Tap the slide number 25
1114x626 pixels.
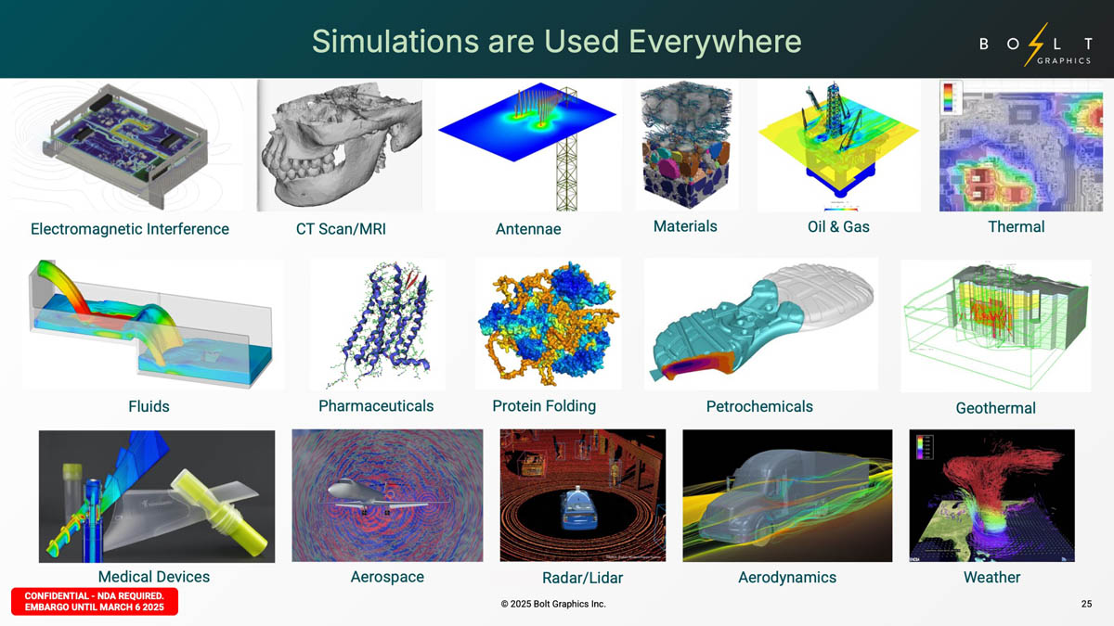coord(1086,604)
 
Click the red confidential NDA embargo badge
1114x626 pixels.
coord(95,601)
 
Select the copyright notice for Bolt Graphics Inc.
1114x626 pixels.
coord(553,604)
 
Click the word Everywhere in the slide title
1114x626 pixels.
coord(715,41)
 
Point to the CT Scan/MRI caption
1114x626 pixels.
coord(341,228)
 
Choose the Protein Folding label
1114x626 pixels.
coord(544,406)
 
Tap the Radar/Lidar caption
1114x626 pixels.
coord(582,578)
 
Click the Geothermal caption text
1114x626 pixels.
coord(995,408)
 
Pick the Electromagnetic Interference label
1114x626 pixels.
coord(130,228)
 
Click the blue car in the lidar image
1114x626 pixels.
coord(579,508)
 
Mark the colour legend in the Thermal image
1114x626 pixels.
coord(949,96)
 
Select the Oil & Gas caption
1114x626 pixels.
coord(838,226)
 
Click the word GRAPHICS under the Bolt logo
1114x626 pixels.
coord(1064,60)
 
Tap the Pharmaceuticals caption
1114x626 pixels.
coord(376,406)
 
